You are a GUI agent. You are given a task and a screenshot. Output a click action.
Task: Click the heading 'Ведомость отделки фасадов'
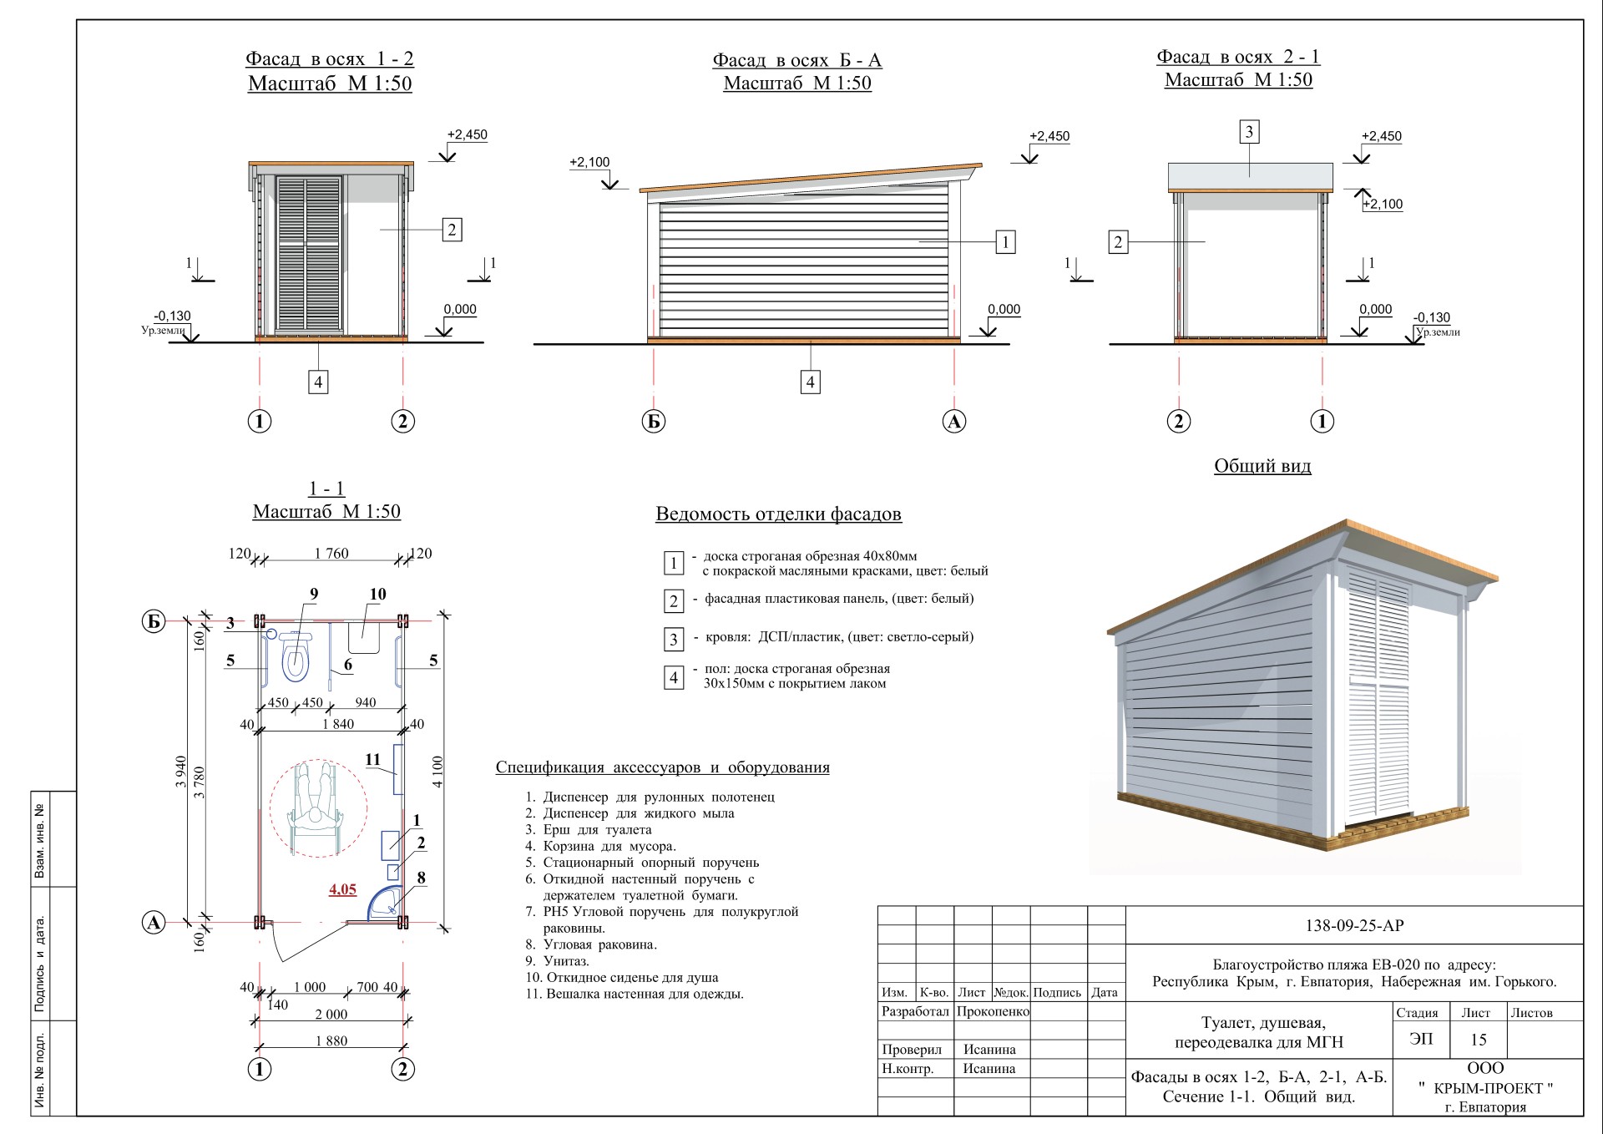tap(778, 514)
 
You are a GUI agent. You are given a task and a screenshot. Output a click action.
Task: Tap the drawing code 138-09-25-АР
tap(1354, 925)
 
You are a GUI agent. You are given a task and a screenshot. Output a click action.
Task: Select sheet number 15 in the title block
tap(1478, 1040)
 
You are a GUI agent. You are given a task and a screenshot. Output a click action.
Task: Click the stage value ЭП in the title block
tap(1421, 1039)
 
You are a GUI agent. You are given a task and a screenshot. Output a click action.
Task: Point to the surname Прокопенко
tap(993, 1011)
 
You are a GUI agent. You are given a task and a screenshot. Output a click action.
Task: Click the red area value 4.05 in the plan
tap(342, 889)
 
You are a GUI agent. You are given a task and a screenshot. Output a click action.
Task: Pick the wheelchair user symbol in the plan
tap(317, 807)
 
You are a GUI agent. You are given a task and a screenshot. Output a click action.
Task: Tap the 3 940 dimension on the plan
tap(180, 772)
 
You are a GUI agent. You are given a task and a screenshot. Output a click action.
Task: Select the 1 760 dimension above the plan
tap(331, 553)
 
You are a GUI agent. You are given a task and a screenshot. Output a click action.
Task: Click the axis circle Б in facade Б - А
tap(654, 421)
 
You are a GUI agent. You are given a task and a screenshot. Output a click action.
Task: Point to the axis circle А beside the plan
tap(154, 923)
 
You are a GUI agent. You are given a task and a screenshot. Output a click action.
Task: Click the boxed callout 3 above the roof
tap(1249, 132)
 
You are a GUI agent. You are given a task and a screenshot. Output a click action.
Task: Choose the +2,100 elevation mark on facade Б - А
tap(589, 162)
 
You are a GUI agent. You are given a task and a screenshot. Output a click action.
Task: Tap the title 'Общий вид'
tap(1262, 466)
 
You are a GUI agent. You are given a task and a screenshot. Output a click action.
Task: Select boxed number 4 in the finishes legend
tap(674, 677)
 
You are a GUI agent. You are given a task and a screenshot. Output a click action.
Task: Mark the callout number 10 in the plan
tap(377, 594)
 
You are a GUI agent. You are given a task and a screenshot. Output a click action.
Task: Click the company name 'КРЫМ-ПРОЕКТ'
tap(1486, 1088)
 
